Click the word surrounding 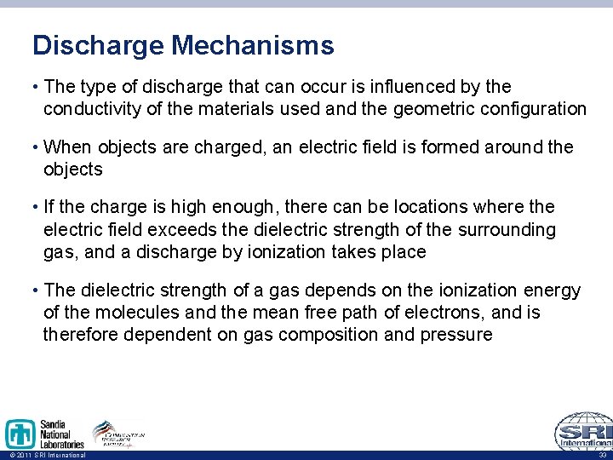(507, 230)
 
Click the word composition (321, 335)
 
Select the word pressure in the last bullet (455, 335)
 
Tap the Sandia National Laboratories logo (44, 434)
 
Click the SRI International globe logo (583, 431)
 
